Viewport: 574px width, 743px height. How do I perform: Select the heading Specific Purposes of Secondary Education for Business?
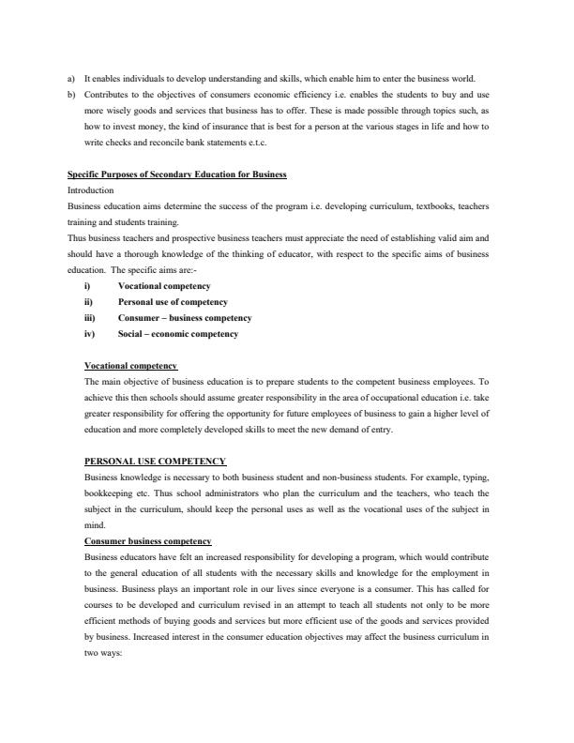(x=177, y=174)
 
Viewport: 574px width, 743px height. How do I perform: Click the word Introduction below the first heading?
(x=91, y=190)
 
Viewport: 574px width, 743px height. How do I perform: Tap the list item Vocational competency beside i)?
(x=164, y=285)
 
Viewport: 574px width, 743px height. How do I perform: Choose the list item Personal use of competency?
(x=173, y=301)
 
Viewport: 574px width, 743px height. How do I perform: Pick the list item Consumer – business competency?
(x=185, y=317)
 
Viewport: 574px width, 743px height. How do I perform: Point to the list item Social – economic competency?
(x=178, y=333)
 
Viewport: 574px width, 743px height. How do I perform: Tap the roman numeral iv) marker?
(x=89, y=333)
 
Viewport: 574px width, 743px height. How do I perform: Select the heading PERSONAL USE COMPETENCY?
(x=155, y=461)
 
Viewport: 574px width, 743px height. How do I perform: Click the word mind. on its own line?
(x=94, y=524)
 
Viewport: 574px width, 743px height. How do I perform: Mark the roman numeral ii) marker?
(x=88, y=301)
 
